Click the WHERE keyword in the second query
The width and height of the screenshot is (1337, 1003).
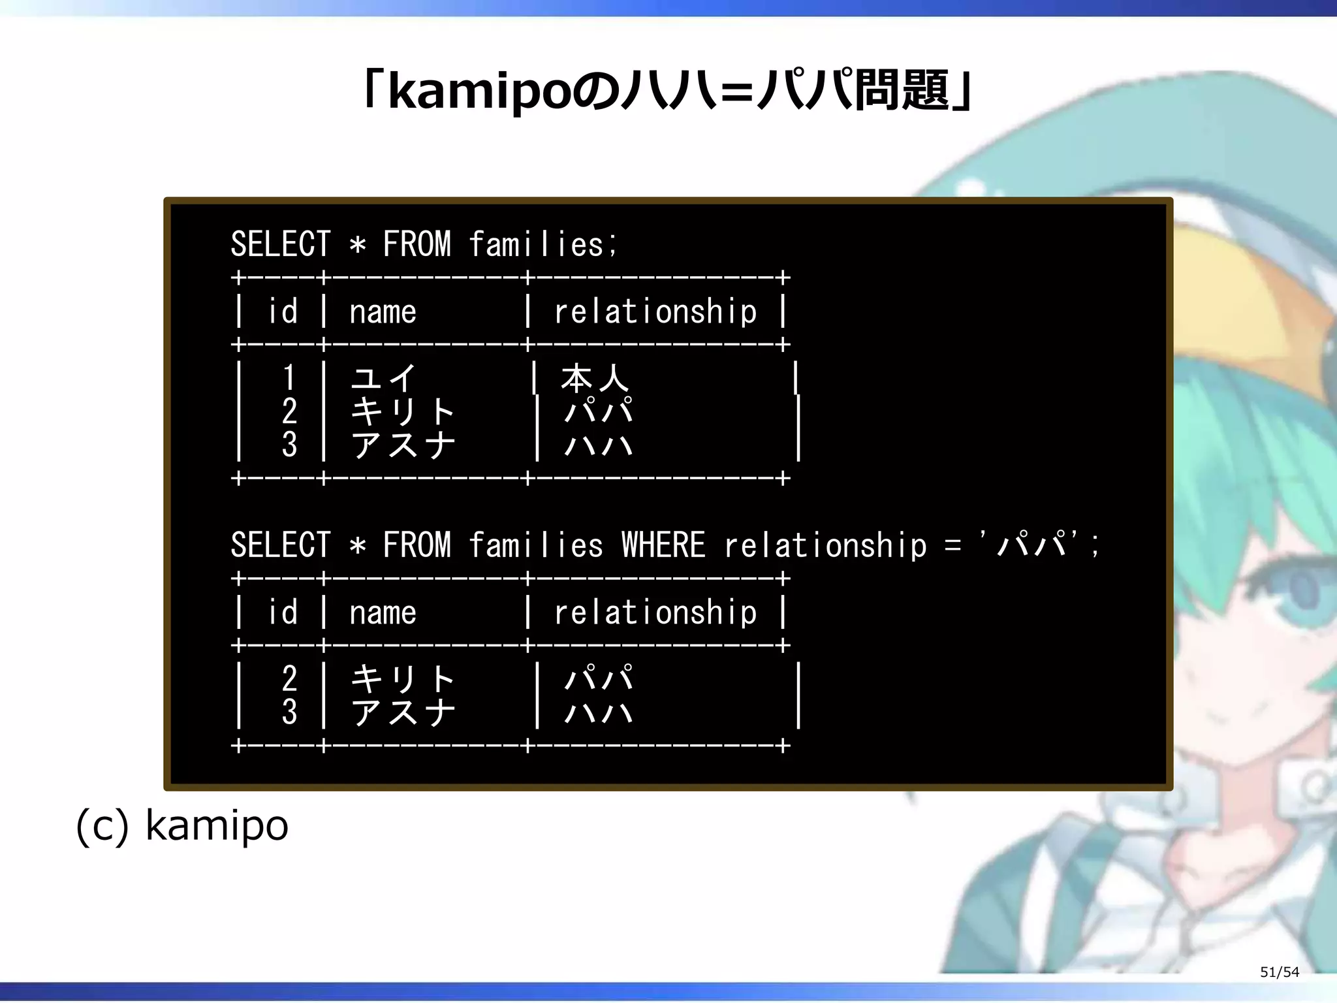(663, 545)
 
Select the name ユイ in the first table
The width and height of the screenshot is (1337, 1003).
(383, 378)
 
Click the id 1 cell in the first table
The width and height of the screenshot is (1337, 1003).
(289, 378)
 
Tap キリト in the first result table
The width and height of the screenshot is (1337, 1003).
(402, 411)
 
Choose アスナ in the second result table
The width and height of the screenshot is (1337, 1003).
(402, 712)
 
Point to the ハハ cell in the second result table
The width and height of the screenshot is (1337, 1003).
(598, 712)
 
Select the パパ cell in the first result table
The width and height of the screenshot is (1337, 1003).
(598, 411)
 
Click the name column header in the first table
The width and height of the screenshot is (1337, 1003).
(383, 311)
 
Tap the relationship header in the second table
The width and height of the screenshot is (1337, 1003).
(655, 613)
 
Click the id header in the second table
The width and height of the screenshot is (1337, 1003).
(283, 613)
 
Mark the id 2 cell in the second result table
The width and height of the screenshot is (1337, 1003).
(289, 678)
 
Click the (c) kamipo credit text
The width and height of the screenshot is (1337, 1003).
(182, 825)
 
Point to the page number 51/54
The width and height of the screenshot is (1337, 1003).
(1279, 972)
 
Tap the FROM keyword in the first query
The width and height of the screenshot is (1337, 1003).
(417, 245)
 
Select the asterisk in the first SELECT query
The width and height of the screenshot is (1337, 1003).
(357, 246)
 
